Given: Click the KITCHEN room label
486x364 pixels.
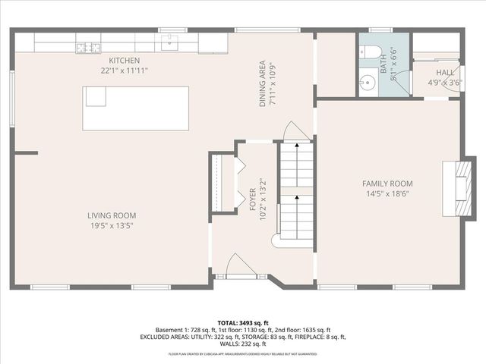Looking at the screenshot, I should pos(125,61).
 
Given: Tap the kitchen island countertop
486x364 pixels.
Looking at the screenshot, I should pos(136,108).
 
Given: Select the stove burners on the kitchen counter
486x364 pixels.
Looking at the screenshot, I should pos(87,49).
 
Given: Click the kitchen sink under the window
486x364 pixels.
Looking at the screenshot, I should pos(169,41).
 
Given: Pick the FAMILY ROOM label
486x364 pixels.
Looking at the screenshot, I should pos(387,184).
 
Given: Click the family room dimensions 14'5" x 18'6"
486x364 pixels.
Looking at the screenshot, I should pos(387,193).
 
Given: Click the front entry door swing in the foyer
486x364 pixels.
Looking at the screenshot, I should pos(235,266).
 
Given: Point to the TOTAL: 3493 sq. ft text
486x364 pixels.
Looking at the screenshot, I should pos(242,323).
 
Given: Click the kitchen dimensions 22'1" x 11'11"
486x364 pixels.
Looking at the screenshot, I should pos(125,70).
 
